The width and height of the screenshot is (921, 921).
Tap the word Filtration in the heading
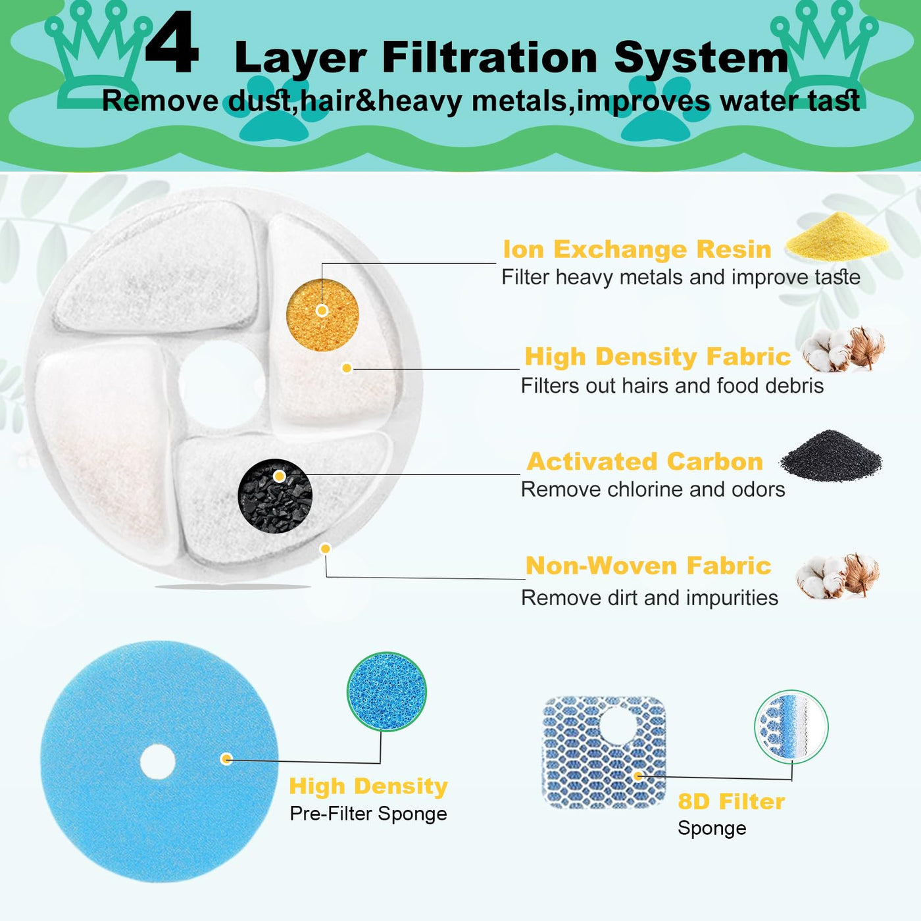tap(489, 58)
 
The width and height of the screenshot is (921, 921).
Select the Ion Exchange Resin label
tap(637, 249)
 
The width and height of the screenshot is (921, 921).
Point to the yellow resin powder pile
tap(837, 237)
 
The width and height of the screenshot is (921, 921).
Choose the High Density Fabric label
tap(658, 357)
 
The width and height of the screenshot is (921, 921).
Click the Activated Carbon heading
tap(645, 462)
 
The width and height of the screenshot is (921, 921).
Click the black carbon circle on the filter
tap(275, 495)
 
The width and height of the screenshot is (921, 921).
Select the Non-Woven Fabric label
tap(648, 566)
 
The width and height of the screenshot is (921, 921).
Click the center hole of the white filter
tap(222, 384)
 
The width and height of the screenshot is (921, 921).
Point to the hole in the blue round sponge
tap(158, 761)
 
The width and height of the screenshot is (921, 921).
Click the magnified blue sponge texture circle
tap(387, 691)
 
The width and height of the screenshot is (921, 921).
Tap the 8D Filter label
tap(732, 802)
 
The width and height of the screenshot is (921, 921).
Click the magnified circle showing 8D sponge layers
tap(791, 726)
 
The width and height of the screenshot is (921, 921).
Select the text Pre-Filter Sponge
tap(368, 814)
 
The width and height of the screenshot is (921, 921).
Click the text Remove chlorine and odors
tap(653, 489)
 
